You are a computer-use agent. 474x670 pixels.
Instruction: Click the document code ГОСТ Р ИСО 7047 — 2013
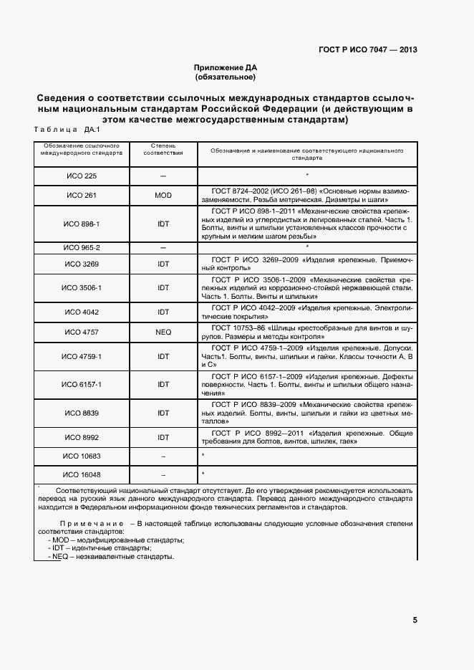coord(367,50)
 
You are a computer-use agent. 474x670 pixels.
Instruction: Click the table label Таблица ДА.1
coord(67,130)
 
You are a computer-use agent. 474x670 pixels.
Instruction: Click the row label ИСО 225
coord(81,176)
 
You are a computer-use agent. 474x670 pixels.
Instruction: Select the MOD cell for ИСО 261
coord(163,195)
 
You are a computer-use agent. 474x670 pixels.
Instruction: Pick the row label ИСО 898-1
coord(81,224)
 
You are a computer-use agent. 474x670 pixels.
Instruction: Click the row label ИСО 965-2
coord(81,247)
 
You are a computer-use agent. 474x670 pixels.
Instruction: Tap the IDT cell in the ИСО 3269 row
coord(163,264)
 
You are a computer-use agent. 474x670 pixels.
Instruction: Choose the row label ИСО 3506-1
coord(81,287)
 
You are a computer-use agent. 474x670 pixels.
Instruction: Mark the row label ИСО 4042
coord(81,312)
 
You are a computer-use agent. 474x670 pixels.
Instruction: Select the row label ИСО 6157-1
coord(81,384)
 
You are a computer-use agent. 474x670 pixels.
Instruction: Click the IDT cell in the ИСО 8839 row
coord(163,413)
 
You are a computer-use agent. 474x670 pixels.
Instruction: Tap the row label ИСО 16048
coord(81,474)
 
